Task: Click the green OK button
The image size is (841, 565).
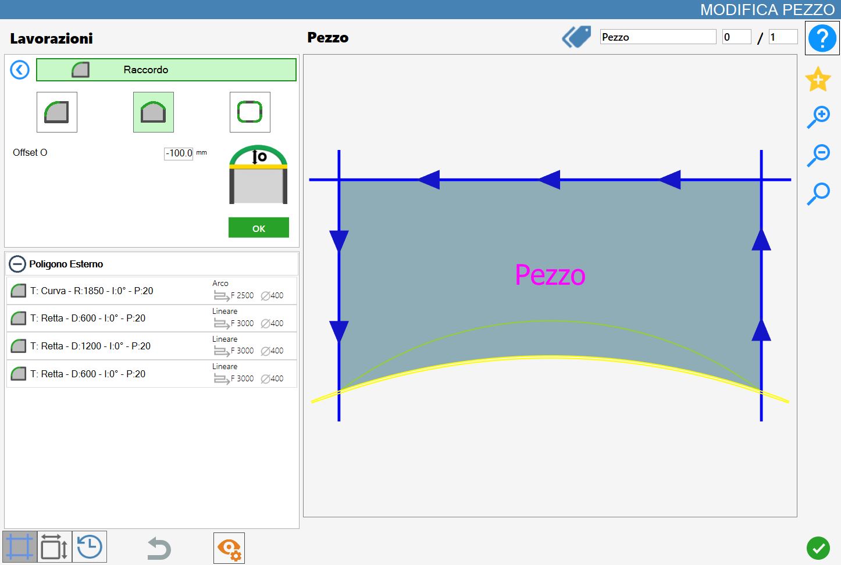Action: [259, 227]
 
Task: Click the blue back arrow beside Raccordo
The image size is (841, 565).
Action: [20, 70]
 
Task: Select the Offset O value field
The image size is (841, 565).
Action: [179, 153]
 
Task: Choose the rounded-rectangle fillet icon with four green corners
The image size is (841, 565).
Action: [250, 112]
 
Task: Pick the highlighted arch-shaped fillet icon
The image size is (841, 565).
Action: [153, 112]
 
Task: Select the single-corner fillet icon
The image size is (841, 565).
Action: [56, 112]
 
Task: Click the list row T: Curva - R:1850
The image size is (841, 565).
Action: [152, 291]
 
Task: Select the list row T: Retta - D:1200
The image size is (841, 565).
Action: [152, 346]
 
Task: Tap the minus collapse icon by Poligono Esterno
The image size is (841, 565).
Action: [17, 264]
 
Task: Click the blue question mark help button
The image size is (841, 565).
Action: [822, 38]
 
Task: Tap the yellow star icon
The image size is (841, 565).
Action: [818, 79]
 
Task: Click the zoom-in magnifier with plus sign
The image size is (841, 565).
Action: [818, 117]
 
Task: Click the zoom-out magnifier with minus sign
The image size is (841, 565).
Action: [818, 155]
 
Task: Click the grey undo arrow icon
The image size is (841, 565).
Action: [159, 548]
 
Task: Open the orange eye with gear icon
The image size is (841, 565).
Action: [229, 548]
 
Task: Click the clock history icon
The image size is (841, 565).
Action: [90, 546]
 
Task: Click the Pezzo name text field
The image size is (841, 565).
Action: [658, 37]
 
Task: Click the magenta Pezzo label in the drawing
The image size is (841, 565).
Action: [550, 275]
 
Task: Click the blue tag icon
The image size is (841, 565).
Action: [576, 37]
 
